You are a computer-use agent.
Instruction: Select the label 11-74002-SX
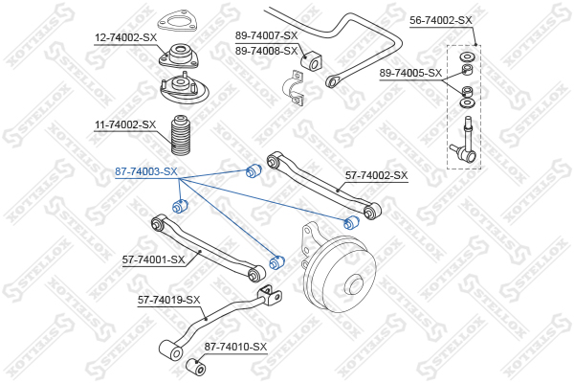click(x=125, y=124)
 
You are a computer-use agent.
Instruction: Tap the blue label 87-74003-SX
click(x=146, y=171)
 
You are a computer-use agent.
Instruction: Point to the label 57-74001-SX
click(x=152, y=259)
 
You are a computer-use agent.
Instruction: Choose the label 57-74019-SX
click(x=169, y=300)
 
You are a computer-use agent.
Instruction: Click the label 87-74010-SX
click(x=235, y=347)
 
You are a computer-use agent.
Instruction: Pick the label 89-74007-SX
click(x=267, y=35)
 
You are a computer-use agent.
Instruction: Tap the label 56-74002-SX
click(x=441, y=19)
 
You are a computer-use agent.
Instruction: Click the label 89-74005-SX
click(x=410, y=73)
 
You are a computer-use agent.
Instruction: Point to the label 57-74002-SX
click(x=376, y=175)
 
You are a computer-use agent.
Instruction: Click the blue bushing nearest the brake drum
click(x=278, y=260)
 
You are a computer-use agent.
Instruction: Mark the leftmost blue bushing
click(x=178, y=206)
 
